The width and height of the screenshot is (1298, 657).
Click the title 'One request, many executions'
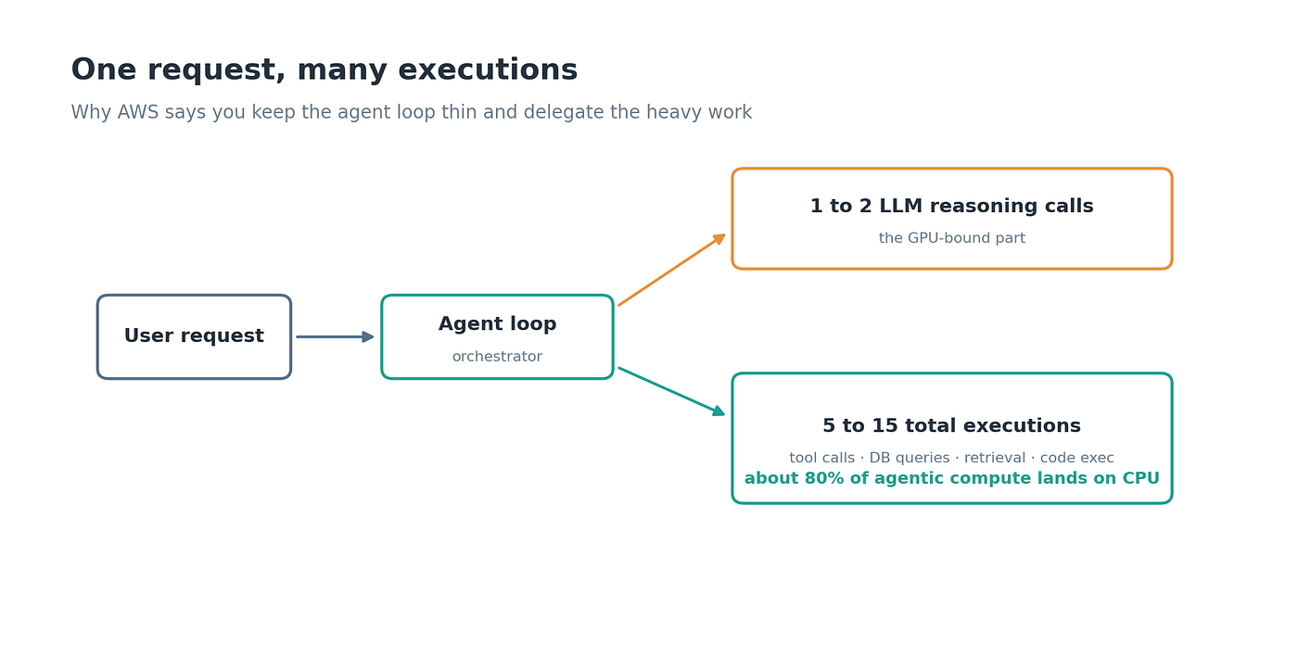click(x=324, y=70)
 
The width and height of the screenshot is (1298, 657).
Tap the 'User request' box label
click(x=194, y=336)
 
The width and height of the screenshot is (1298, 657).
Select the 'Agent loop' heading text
click(x=497, y=323)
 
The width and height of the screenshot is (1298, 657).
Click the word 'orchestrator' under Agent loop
click(x=497, y=357)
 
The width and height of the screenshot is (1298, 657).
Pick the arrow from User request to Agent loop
click(x=335, y=336)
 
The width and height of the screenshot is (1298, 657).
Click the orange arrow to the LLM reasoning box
click(x=671, y=270)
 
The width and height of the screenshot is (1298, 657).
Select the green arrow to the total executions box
click(x=671, y=391)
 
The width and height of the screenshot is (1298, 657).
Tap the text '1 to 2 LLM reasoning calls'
click(x=951, y=206)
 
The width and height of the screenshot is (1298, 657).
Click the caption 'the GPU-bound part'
click(x=951, y=238)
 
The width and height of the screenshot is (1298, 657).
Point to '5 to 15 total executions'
click(x=951, y=425)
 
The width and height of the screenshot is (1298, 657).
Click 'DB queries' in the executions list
click(x=910, y=458)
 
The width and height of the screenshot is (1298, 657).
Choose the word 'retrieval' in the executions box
click(x=994, y=458)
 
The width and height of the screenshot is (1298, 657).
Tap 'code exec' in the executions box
click(x=1076, y=458)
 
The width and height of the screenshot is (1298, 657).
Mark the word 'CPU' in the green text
click(x=1141, y=478)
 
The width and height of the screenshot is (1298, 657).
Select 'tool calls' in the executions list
click(x=821, y=458)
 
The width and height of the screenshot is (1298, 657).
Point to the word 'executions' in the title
click(x=488, y=70)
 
